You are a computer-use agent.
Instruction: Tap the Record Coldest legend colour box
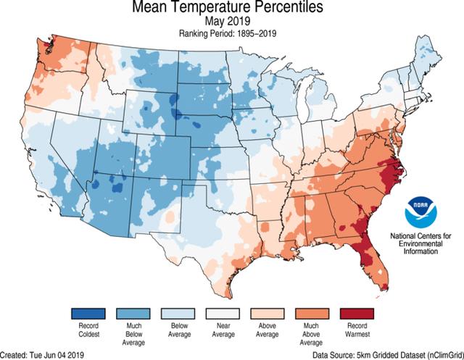pyautogui.click(x=88, y=314)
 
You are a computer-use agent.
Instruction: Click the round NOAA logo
pyautogui.click(x=421, y=211)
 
